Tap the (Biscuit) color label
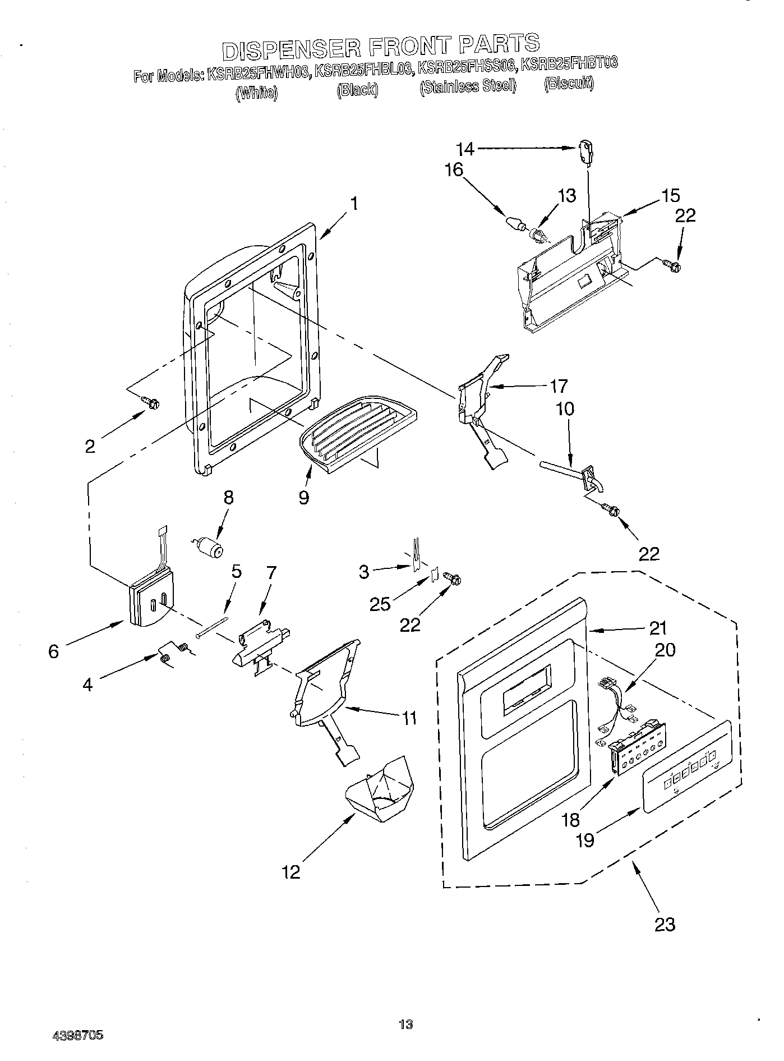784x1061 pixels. (568, 84)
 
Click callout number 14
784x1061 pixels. (465, 149)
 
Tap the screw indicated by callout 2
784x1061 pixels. (151, 402)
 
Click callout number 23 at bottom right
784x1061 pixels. (665, 924)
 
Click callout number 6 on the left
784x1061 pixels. (54, 651)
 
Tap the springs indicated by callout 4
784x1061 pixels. (173, 653)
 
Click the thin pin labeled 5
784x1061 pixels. (213, 626)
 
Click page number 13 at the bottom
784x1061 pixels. (406, 1024)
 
